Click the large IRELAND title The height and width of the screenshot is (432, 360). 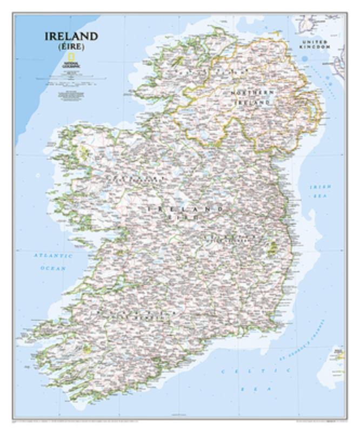coord(72,37)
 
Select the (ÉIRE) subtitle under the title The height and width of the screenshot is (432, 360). coord(72,47)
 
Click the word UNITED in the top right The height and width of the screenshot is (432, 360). coord(315,42)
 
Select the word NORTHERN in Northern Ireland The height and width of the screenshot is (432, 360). coord(252,93)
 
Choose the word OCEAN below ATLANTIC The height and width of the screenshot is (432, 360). coord(52,268)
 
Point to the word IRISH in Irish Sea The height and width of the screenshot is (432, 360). coord(319,187)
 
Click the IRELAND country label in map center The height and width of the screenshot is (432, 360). coord(185,208)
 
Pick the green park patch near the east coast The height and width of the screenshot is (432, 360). coord(272,248)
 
